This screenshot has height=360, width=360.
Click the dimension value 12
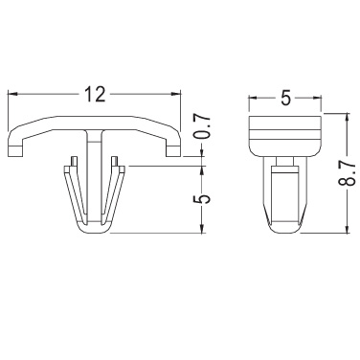95,94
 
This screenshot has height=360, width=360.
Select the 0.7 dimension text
203,126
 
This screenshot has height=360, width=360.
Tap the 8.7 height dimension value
347,173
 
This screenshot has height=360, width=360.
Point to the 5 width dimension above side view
285,98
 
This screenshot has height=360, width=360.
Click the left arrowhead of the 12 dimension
12,94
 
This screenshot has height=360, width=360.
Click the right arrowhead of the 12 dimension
176,94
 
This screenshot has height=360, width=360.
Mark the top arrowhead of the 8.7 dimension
347,118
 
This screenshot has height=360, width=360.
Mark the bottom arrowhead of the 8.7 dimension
347,228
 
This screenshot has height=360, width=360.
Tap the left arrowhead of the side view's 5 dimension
253,98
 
